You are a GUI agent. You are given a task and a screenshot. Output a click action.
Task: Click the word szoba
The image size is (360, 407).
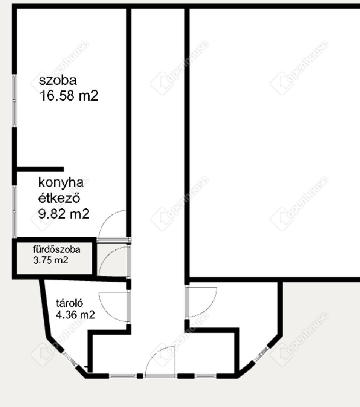[58, 81]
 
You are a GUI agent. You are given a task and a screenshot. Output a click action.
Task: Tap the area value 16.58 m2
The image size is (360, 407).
[69, 96]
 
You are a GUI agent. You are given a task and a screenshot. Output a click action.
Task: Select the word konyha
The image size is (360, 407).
[61, 183]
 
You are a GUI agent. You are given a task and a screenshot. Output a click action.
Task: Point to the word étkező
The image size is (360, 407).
[59, 198]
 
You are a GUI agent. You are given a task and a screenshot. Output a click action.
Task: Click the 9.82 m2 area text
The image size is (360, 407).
[64, 214]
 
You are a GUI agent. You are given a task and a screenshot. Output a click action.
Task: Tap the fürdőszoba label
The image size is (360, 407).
[56, 249]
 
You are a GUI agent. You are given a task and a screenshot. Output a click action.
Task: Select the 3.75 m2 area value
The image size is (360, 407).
[50, 260]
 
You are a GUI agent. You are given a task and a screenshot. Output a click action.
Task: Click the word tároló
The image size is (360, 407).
[70, 303]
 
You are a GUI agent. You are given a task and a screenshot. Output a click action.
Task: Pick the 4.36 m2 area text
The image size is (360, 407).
[75, 315]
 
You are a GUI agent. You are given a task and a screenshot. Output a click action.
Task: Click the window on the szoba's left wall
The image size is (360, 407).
[15, 101]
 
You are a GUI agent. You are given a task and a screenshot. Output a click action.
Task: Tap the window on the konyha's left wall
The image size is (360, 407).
[15, 211]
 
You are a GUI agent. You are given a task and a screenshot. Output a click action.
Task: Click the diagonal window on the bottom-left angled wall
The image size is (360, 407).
[70, 359]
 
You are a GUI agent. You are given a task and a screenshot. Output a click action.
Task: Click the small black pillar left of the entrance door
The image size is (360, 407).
[140, 376]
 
